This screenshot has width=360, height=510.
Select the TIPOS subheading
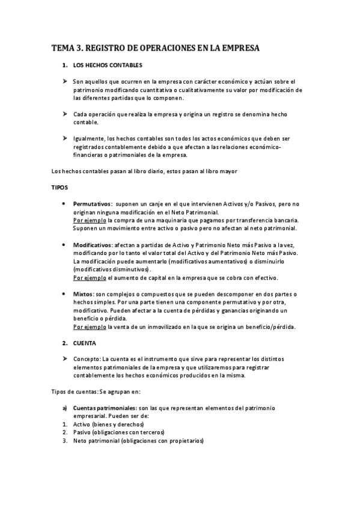click(x=59, y=188)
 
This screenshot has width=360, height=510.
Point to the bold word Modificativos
click(x=93, y=245)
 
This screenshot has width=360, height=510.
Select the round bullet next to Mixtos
click(x=64, y=293)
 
